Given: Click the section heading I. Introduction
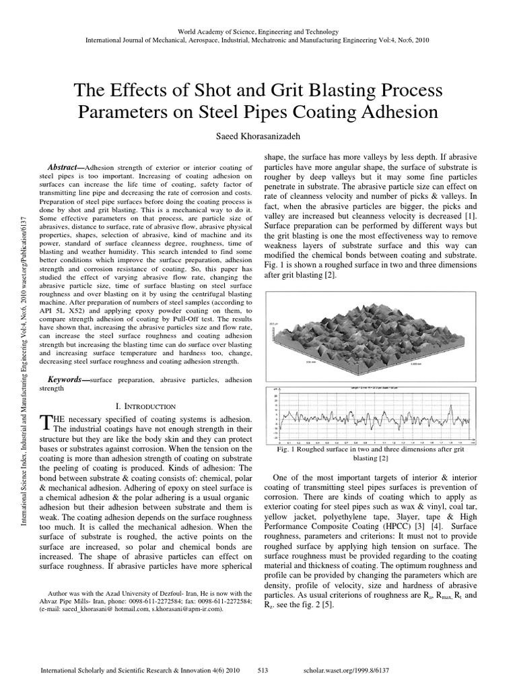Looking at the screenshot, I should pyautogui.click(x=146, y=406).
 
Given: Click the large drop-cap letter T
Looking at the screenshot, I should pyautogui.click(x=46, y=422).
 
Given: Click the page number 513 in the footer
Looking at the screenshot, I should pyautogui.click(x=264, y=672).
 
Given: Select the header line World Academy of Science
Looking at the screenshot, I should pyautogui.click(x=258, y=32).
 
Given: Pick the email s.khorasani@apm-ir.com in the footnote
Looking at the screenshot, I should pyautogui.click(x=186, y=608).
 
